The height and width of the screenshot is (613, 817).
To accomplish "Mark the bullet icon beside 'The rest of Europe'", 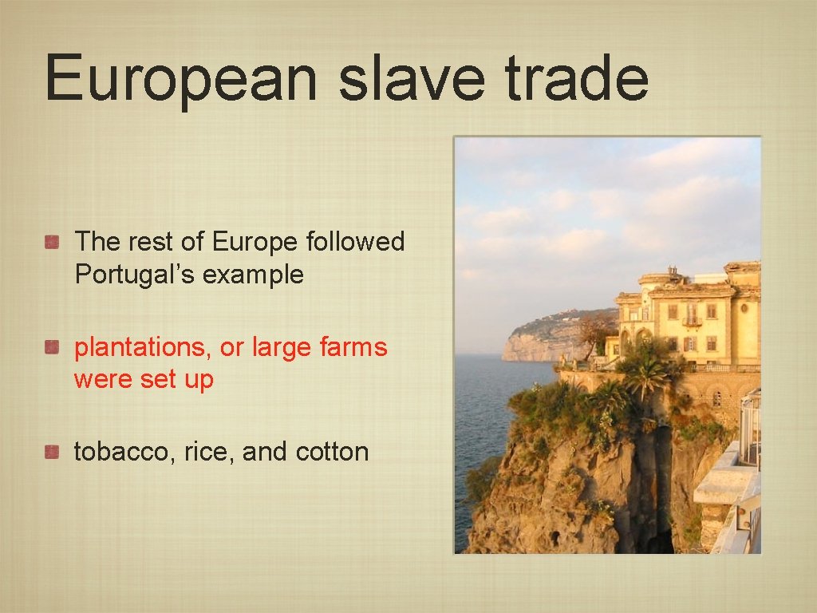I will click(53, 242).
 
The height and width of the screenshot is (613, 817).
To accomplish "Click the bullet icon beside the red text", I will click(53, 347).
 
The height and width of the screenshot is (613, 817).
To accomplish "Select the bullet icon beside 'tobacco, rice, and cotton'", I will click(53, 452).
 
